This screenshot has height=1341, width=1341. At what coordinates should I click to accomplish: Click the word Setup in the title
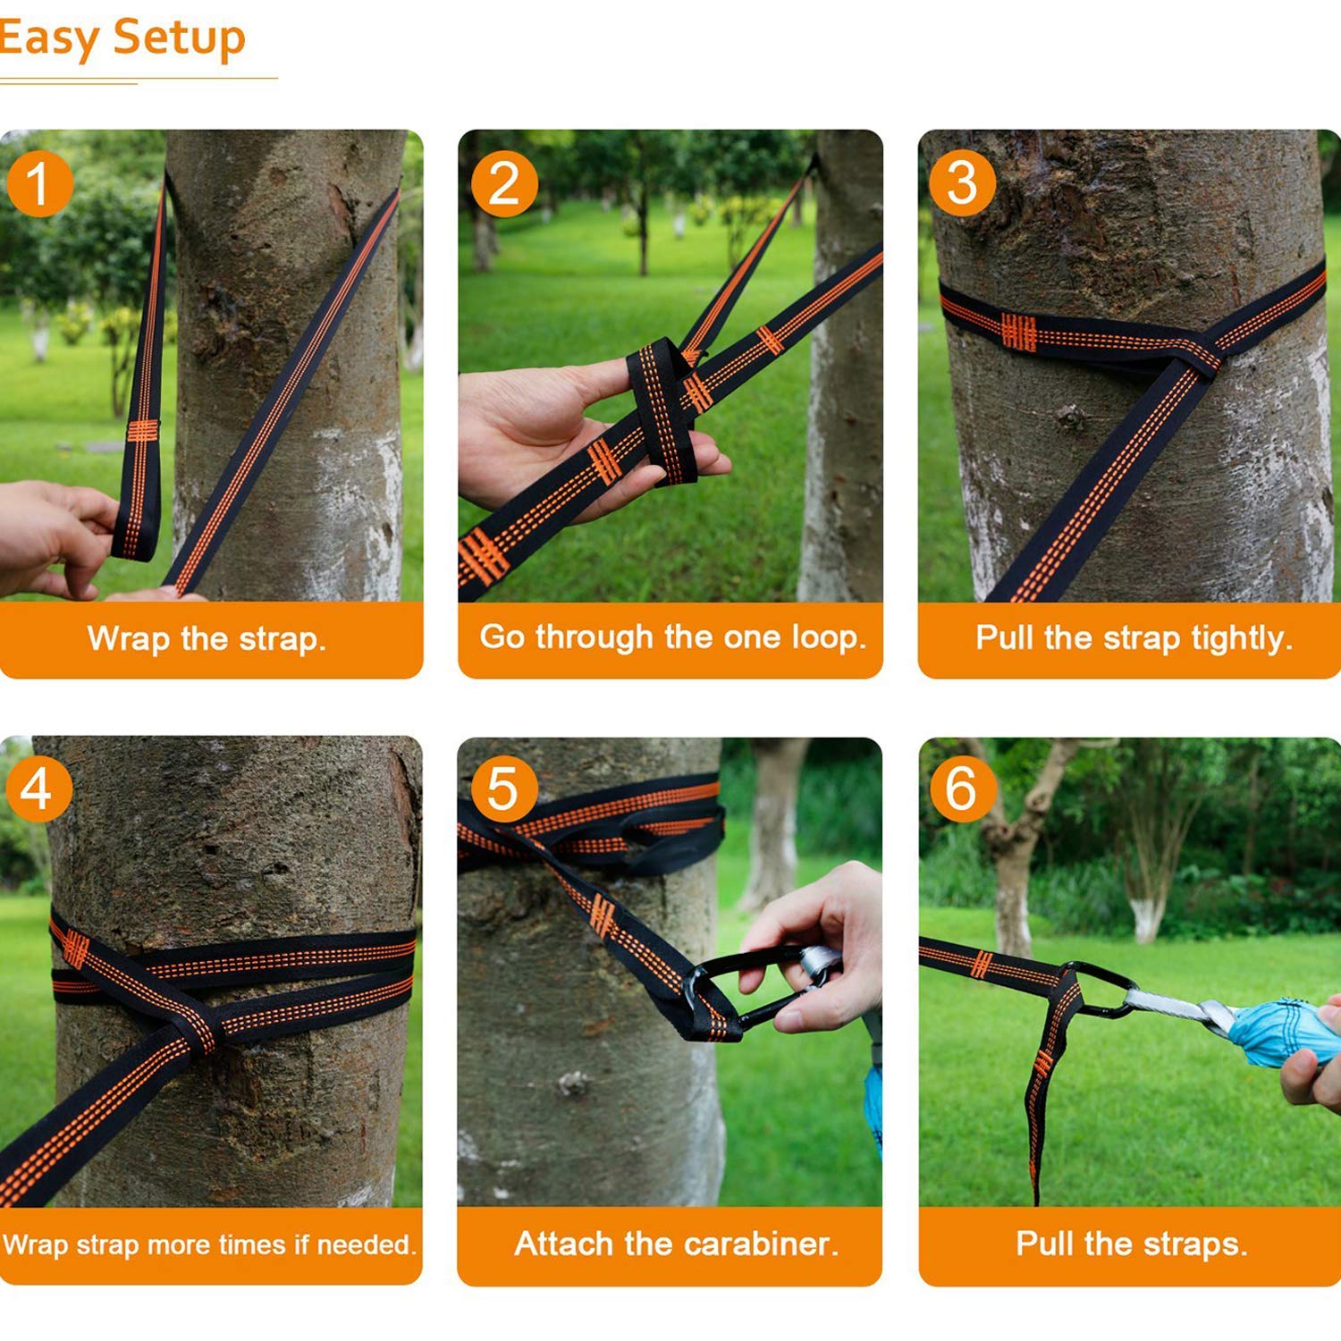pyautogui.click(x=179, y=39)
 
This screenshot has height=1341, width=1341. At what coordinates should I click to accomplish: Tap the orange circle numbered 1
pyautogui.click(x=39, y=184)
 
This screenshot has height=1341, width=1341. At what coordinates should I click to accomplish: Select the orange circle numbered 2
pyautogui.click(x=504, y=184)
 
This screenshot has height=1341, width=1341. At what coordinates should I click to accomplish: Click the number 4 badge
pyautogui.click(x=38, y=789)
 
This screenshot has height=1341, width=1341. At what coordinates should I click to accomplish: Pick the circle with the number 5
pyautogui.click(x=504, y=789)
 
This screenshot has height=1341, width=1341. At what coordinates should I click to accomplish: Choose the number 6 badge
pyautogui.click(x=962, y=789)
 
